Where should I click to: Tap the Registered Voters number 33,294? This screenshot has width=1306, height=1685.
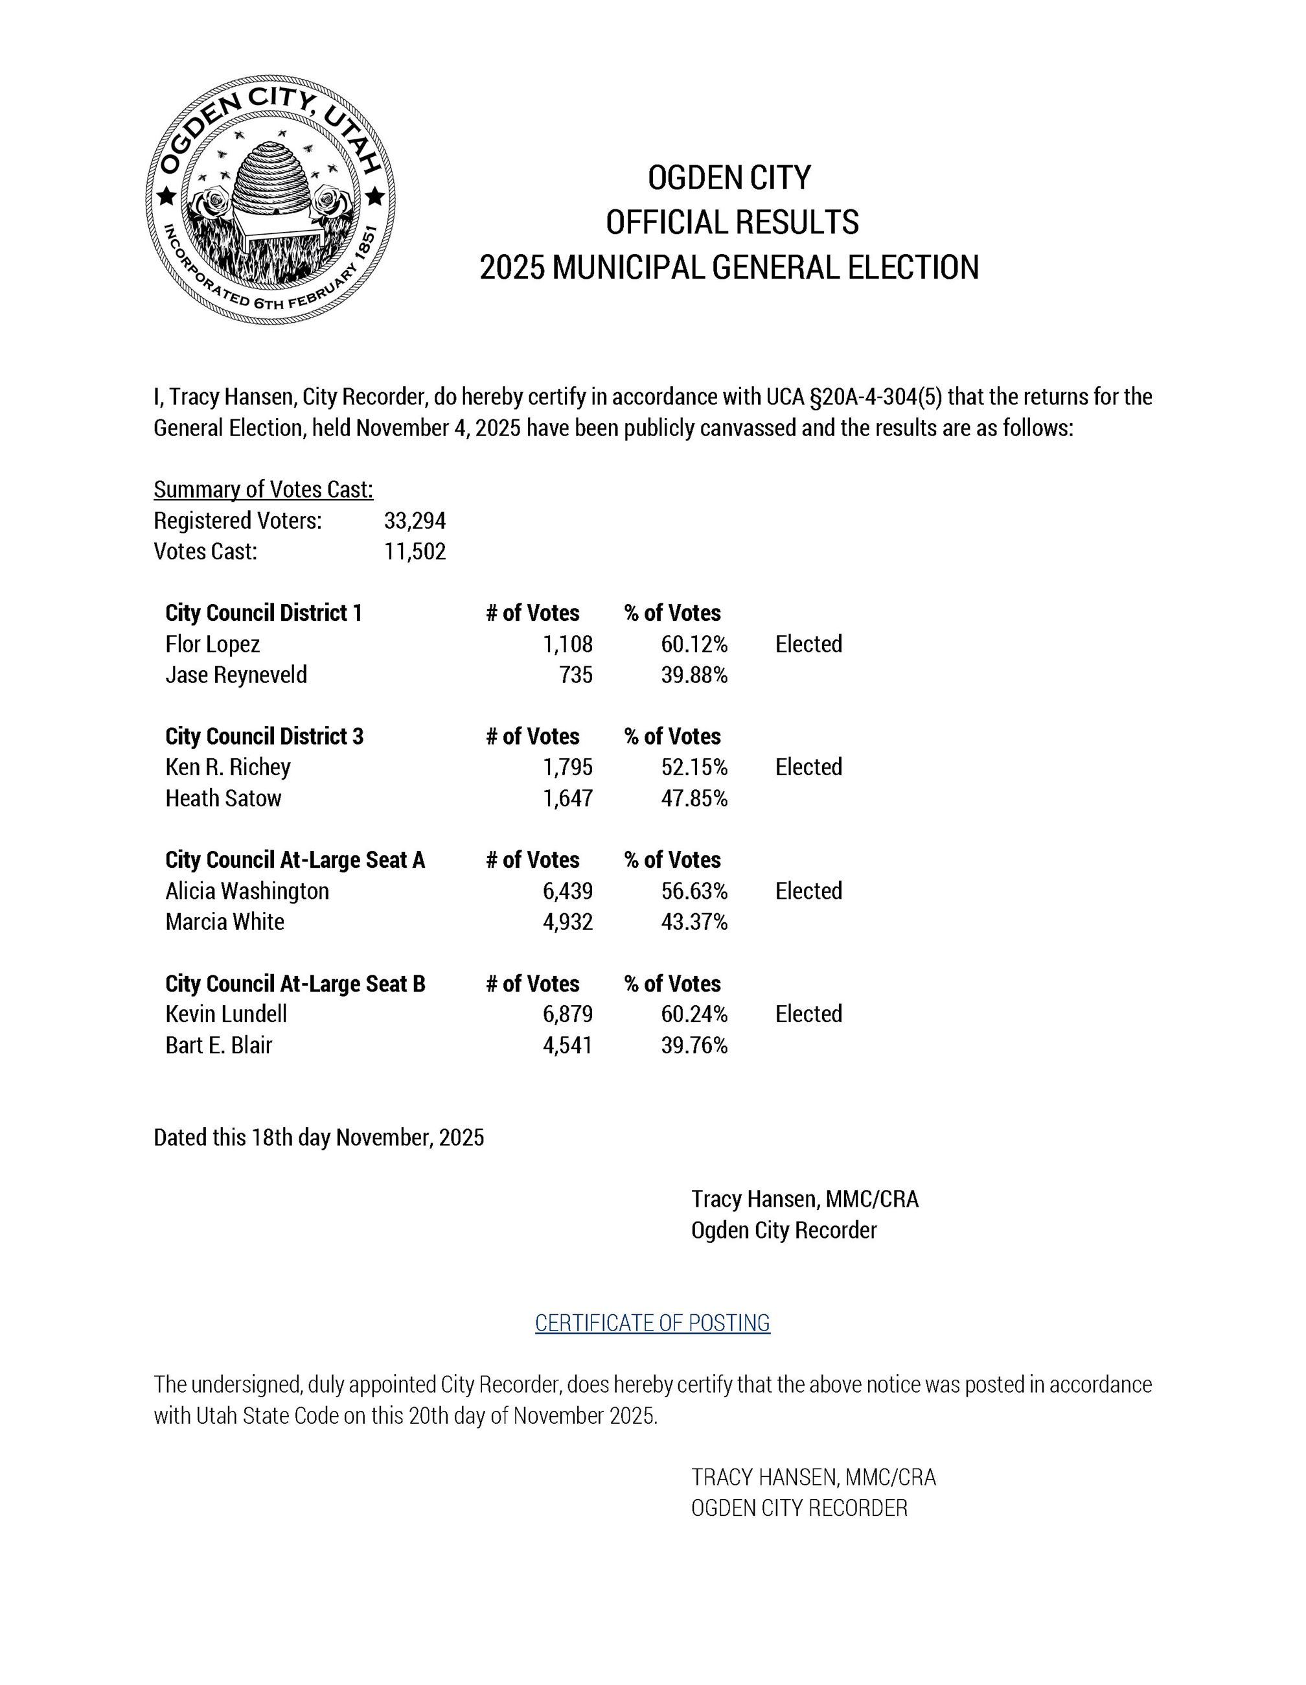[x=415, y=521]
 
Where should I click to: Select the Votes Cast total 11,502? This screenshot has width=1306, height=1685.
[x=415, y=552]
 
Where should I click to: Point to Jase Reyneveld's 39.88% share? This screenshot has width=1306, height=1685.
[x=694, y=675]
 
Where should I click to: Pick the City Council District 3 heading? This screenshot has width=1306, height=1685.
[x=264, y=737]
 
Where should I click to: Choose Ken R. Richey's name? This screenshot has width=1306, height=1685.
[x=227, y=768]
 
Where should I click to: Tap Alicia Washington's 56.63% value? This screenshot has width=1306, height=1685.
[x=694, y=891]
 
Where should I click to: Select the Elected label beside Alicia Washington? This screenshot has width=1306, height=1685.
[x=808, y=891]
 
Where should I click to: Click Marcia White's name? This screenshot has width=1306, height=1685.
[x=225, y=922]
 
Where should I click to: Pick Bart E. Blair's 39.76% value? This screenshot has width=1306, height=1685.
[x=694, y=1045]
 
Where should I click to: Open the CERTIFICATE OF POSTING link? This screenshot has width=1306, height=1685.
[x=652, y=1323]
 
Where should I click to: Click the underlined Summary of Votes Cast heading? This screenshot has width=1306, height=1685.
[x=263, y=490]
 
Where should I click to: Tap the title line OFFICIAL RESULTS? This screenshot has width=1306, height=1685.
[x=731, y=222]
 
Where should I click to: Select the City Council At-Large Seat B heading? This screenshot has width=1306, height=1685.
[x=295, y=984]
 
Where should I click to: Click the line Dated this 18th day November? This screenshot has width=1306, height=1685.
[x=319, y=1138]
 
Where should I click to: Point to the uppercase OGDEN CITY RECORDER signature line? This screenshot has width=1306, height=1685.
[x=799, y=1508]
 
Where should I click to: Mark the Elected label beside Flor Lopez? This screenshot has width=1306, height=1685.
[x=808, y=644]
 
